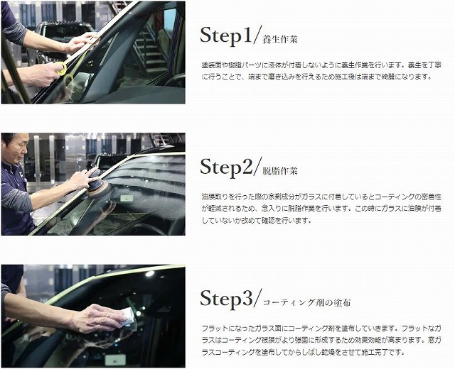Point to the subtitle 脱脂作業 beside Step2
tap(281, 171)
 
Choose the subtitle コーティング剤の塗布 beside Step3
tap(306, 303)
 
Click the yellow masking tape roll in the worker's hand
tap(61, 67)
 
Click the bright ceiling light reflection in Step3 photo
tap(149, 274)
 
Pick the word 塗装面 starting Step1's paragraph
tap(211, 65)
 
